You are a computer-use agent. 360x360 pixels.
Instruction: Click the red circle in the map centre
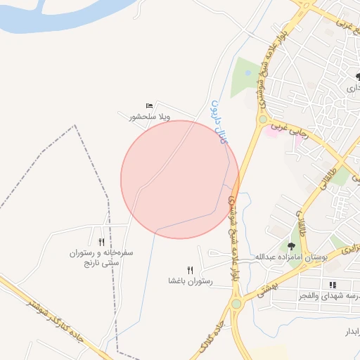180,179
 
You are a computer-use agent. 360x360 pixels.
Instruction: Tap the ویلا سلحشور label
150,117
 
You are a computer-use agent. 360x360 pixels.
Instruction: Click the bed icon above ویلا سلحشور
149,105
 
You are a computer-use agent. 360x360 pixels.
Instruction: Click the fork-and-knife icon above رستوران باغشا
190,270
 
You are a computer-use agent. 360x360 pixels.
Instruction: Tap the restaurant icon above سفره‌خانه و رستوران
102,241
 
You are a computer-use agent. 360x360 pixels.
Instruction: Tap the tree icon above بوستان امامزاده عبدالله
291,245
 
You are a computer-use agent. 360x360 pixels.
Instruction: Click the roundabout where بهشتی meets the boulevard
236,304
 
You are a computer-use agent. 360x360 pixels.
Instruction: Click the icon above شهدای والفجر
333,285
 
